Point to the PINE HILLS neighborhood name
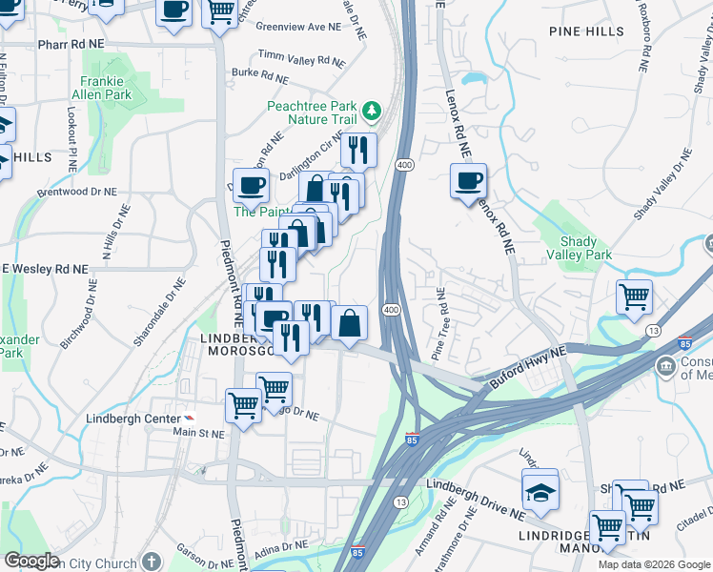587,31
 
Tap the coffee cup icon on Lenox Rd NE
468,180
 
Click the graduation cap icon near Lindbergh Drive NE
540,493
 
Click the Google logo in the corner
31,561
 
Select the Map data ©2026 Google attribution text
653,564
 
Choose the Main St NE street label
199,433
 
